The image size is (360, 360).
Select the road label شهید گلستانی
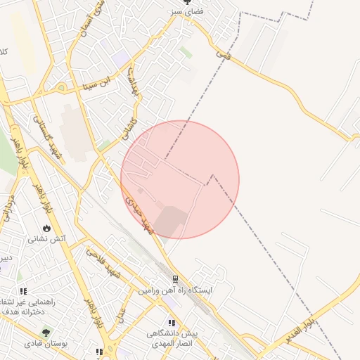pos(51,137)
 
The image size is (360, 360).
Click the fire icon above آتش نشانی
pos(47,228)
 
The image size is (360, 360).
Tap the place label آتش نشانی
pos(47,239)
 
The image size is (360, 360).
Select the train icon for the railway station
pos(174,278)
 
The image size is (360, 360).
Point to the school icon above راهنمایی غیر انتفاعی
pos(24,290)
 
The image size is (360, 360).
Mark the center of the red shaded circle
pos(180,179)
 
